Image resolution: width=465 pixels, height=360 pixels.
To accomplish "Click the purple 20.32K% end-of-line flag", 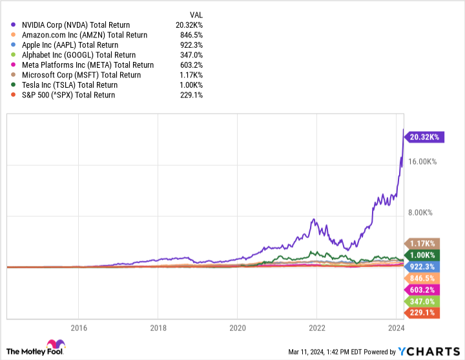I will click(423, 136).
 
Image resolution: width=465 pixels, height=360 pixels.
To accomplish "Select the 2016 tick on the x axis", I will click(78, 327).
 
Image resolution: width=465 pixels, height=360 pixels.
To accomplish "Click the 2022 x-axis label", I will click(316, 327).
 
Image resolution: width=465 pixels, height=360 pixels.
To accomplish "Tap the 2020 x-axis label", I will click(237, 327).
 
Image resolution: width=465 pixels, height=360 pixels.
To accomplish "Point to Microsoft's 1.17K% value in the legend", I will click(192, 75).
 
